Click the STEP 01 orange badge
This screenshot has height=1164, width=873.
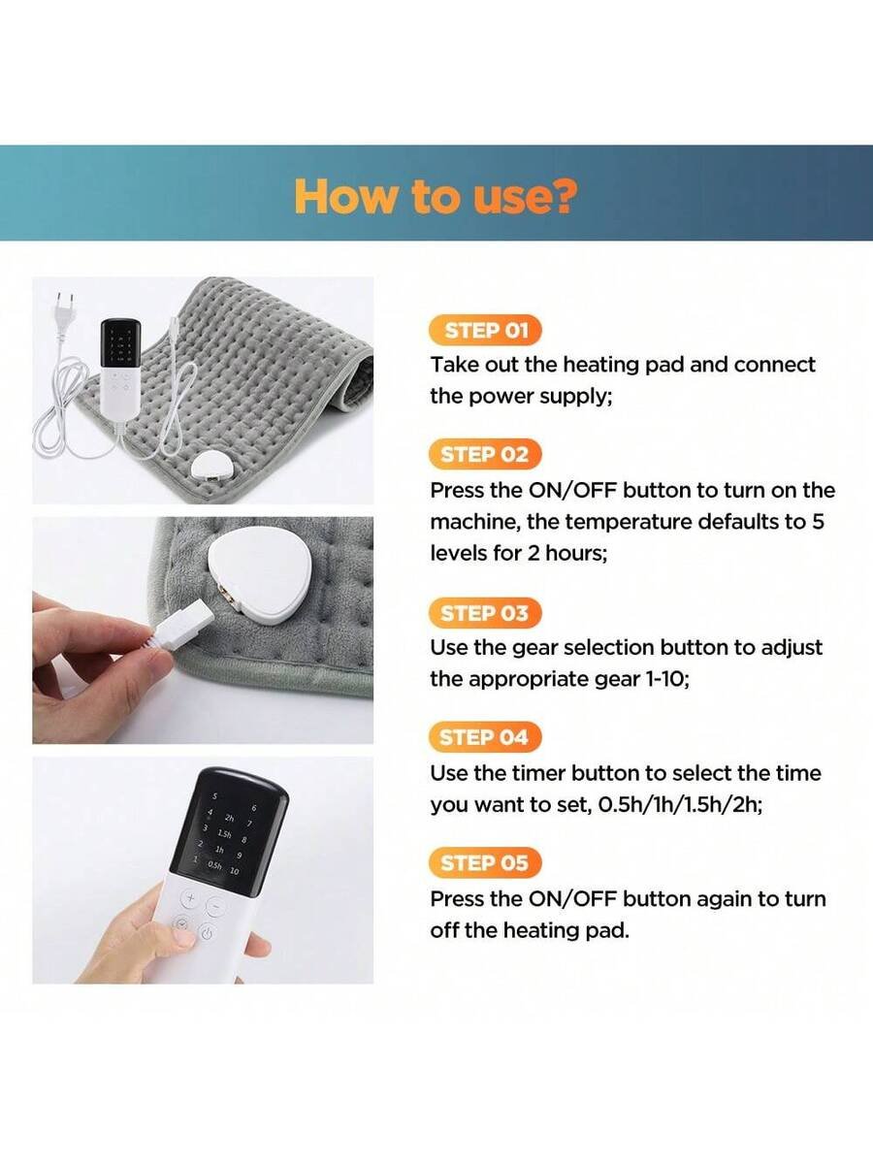[486, 331]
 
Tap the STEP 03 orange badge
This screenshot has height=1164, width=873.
[485, 613]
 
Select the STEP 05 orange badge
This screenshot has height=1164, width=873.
[485, 862]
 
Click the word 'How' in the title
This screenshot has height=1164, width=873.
[345, 196]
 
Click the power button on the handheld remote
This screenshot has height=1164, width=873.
[207, 933]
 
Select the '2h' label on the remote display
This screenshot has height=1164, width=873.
[230, 820]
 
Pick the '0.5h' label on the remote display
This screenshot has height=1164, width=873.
[214, 865]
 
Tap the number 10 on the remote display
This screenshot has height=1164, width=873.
[235, 871]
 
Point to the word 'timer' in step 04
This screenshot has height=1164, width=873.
[538, 774]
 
